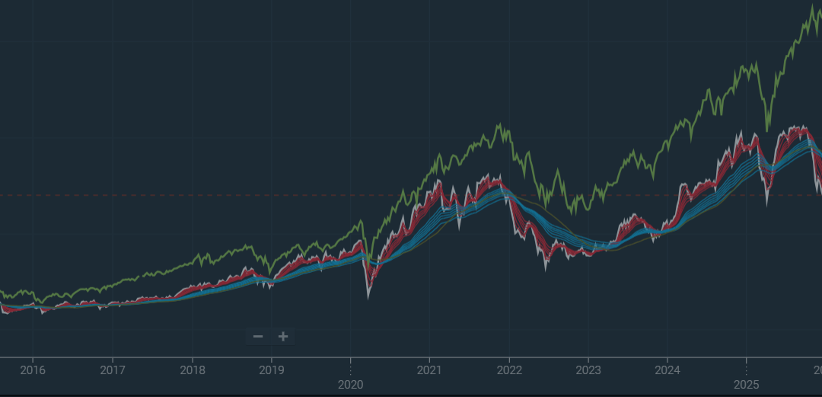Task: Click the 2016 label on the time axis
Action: (33, 371)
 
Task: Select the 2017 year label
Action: (113, 371)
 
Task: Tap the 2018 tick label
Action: (192, 371)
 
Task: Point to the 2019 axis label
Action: (272, 371)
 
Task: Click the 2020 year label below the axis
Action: (351, 386)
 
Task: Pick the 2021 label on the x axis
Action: (430, 371)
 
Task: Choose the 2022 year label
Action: (509, 371)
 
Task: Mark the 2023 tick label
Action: (588, 371)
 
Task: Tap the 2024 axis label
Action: (667, 371)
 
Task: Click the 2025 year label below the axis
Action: (747, 386)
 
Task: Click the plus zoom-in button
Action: (283, 336)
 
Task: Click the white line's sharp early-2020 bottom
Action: (368, 297)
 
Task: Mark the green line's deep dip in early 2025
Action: (766, 131)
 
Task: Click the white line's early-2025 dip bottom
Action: (766, 203)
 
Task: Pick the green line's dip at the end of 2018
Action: (269, 274)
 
